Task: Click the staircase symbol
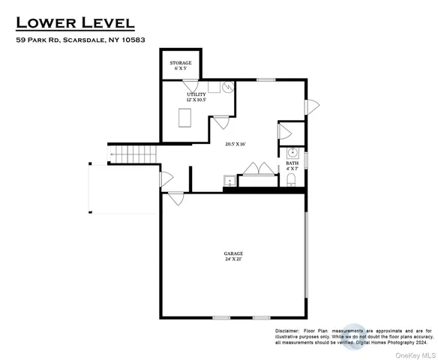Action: click(x=135, y=155)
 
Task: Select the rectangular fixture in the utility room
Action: click(x=183, y=118)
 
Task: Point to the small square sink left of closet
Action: click(x=229, y=181)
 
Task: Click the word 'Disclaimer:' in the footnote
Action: click(x=286, y=330)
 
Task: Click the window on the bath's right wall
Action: click(x=306, y=160)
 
